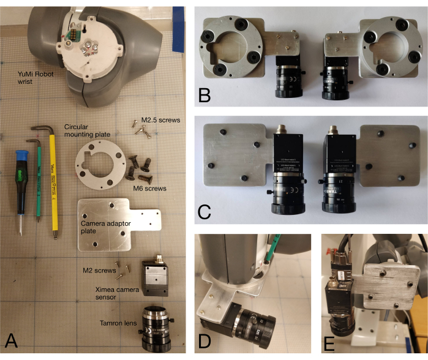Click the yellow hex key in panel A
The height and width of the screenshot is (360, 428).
point(53,184)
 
